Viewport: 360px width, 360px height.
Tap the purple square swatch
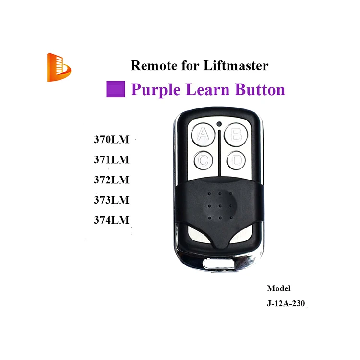tap(116, 90)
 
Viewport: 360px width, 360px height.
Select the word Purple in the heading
tap(155, 90)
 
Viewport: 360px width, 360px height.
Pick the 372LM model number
tap(111, 180)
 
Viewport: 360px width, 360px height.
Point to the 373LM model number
tap(111, 199)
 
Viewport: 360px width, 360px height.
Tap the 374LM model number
tap(111, 220)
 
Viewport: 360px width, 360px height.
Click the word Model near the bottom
tap(279, 288)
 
